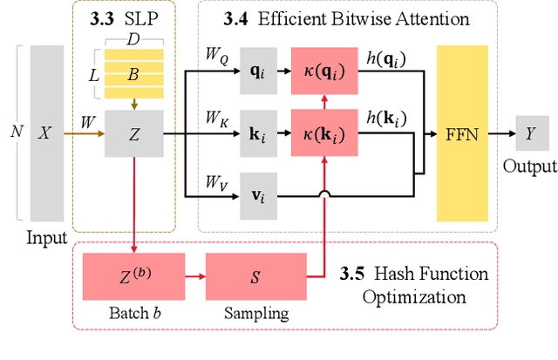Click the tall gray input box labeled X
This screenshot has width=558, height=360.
coord(47,133)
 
